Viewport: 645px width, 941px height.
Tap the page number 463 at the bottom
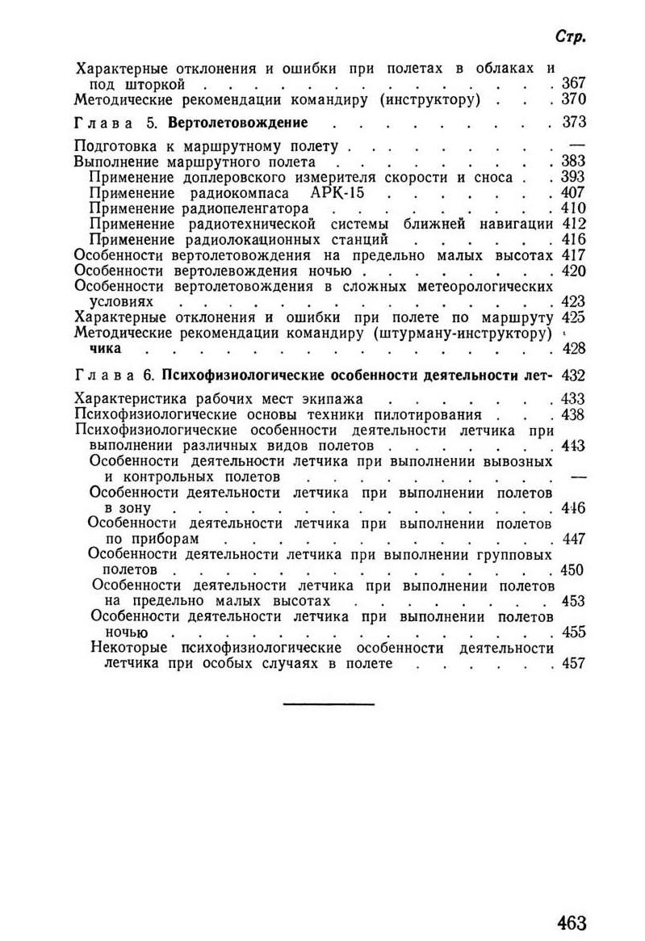pyautogui.click(x=570, y=922)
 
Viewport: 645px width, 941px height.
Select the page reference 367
pyautogui.click(x=572, y=84)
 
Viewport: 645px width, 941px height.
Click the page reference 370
pyautogui.click(x=572, y=100)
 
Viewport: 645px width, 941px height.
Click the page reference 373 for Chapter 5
pyautogui.click(x=572, y=124)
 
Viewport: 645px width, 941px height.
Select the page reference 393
pyautogui.click(x=572, y=177)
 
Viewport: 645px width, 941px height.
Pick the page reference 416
pyautogui.click(x=572, y=239)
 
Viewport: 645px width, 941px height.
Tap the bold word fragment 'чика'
pyautogui.click(x=105, y=349)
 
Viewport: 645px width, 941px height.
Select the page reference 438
pyautogui.click(x=572, y=415)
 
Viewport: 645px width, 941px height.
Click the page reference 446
pyautogui.click(x=572, y=508)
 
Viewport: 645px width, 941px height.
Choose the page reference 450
pyautogui.click(x=572, y=570)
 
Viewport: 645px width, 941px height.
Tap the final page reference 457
pyautogui.click(x=572, y=664)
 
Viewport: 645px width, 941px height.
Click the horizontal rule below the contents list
pyautogui.click(x=329, y=705)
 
